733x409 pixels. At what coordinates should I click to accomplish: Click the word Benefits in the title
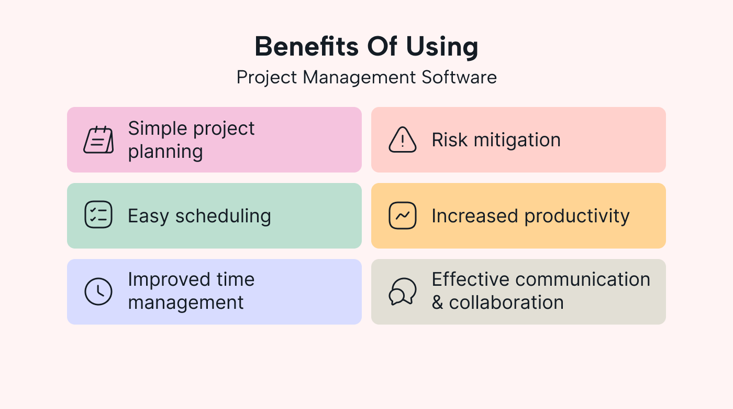[307, 47]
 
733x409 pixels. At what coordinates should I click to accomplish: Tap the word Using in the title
[442, 48]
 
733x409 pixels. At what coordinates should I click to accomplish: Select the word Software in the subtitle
[459, 78]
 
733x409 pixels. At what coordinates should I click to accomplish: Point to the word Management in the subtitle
[359, 79]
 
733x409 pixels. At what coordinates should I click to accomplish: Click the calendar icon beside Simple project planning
[98, 139]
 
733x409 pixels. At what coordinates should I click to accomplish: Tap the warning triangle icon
[403, 139]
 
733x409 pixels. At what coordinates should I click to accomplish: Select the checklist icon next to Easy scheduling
[98, 214]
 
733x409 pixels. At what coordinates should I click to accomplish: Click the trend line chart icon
[403, 216]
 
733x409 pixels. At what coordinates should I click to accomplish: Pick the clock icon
[98, 292]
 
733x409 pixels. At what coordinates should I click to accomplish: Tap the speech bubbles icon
[403, 292]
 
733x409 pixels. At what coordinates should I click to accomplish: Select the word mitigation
[517, 141]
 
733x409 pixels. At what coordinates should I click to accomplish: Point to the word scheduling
[223, 217]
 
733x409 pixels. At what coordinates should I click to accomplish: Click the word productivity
[577, 217]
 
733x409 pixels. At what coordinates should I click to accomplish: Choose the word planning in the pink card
[165, 153]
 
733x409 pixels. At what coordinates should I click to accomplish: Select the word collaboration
[506, 302]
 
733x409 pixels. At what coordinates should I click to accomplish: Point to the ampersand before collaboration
[438, 303]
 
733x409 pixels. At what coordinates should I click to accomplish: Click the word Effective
[470, 279]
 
